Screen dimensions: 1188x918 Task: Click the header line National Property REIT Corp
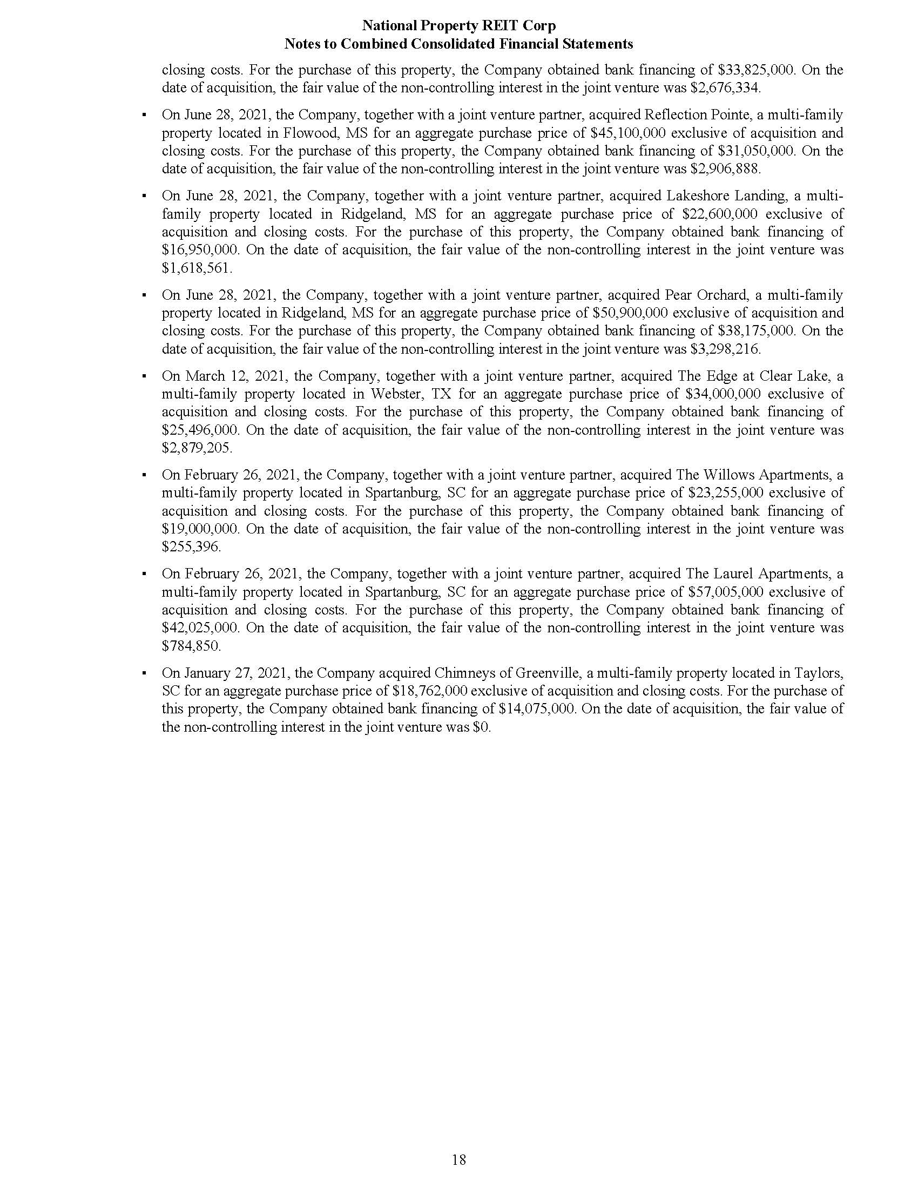click(x=458, y=25)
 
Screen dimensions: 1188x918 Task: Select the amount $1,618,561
click(x=197, y=268)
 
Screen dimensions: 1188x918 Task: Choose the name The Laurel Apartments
click(x=757, y=574)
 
